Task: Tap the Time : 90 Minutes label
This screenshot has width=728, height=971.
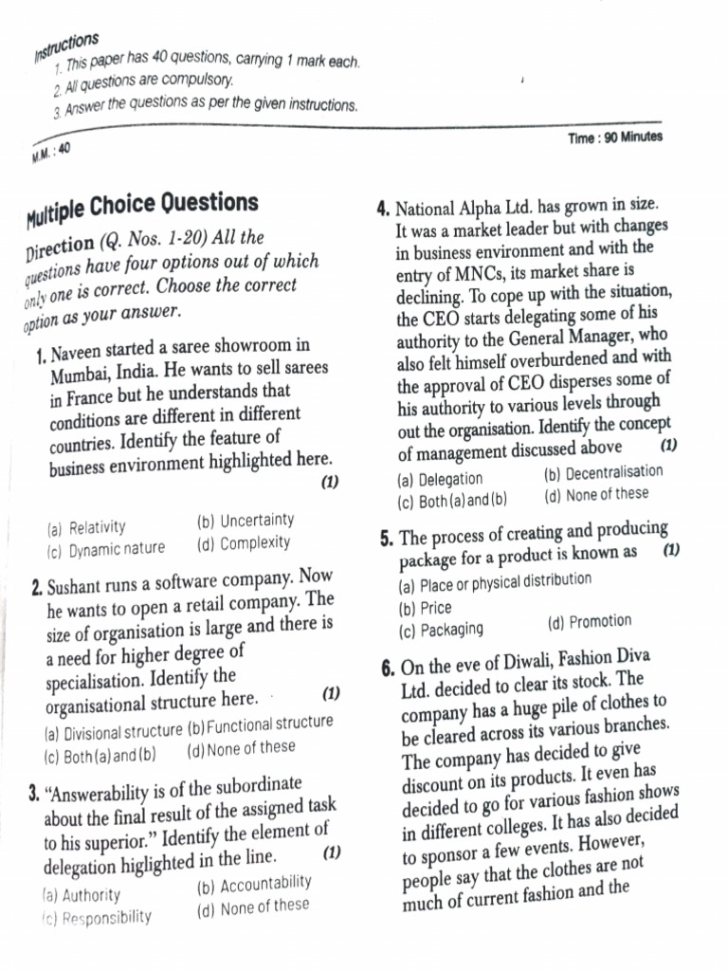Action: coord(614,137)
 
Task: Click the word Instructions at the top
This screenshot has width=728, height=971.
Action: coord(66,46)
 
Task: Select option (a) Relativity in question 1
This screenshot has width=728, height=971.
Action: coord(85,527)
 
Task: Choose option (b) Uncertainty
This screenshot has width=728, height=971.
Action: coord(246,521)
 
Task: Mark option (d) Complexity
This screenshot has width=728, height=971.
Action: coord(244,543)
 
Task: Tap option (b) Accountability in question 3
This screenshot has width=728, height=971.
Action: coord(253,885)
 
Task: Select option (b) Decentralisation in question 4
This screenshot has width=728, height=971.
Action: coord(604,472)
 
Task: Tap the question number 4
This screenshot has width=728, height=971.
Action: coord(384,210)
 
